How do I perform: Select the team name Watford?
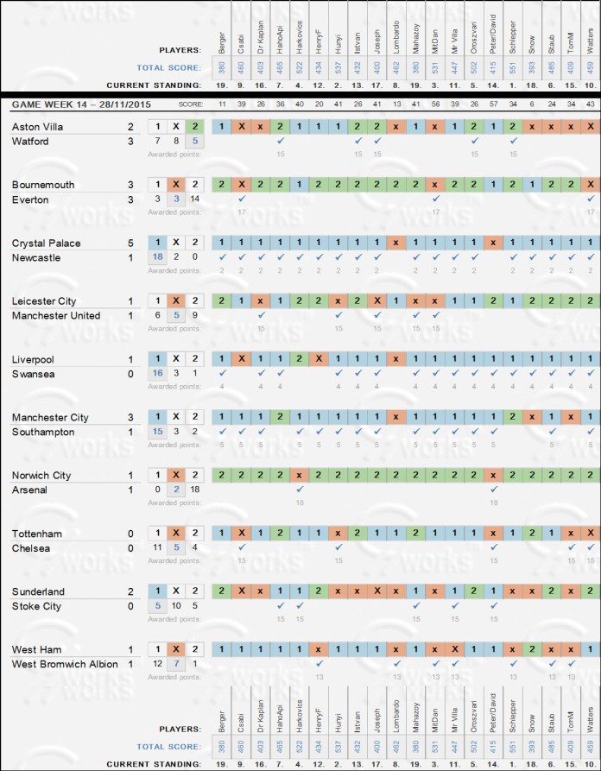30,142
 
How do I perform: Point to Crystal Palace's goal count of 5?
129,243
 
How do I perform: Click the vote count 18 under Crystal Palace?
157,257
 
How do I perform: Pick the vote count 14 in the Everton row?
195,199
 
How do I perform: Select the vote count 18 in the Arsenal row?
195,490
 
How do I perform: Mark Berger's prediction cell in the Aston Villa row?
222,127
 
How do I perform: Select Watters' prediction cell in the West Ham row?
589,649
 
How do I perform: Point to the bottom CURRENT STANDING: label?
154,764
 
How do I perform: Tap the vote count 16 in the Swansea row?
157,374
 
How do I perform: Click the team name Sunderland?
35,591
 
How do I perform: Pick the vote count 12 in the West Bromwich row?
157,664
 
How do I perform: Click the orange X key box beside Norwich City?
176,475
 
